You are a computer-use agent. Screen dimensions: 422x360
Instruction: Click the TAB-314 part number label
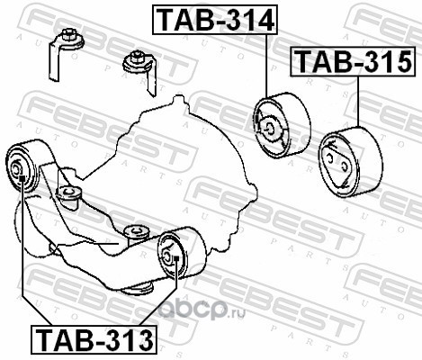click(x=215, y=20)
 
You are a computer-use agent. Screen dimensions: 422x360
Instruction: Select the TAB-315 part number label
click(x=353, y=61)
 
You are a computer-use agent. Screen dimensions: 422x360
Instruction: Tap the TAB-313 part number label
click(x=94, y=339)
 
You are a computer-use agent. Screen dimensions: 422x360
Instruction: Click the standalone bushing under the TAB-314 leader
click(x=282, y=125)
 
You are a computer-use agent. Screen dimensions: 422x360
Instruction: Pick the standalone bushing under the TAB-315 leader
click(x=350, y=162)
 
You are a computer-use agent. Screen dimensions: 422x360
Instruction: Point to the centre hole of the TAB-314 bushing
click(x=270, y=130)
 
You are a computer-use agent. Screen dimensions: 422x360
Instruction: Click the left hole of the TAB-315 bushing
click(x=329, y=158)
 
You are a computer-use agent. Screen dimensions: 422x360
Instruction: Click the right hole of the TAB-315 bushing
click(x=345, y=166)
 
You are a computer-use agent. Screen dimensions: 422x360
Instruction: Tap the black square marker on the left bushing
click(x=22, y=178)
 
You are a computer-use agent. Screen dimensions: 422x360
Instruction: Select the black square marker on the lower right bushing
click(x=176, y=257)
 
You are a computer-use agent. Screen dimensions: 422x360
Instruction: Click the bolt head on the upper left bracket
click(x=67, y=33)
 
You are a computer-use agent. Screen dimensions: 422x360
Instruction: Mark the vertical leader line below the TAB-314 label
click(x=266, y=66)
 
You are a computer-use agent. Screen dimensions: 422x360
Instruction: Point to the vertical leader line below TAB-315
click(x=358, y=102)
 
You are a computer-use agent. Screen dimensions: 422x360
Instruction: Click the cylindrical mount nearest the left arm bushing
click(x=69, y=195)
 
